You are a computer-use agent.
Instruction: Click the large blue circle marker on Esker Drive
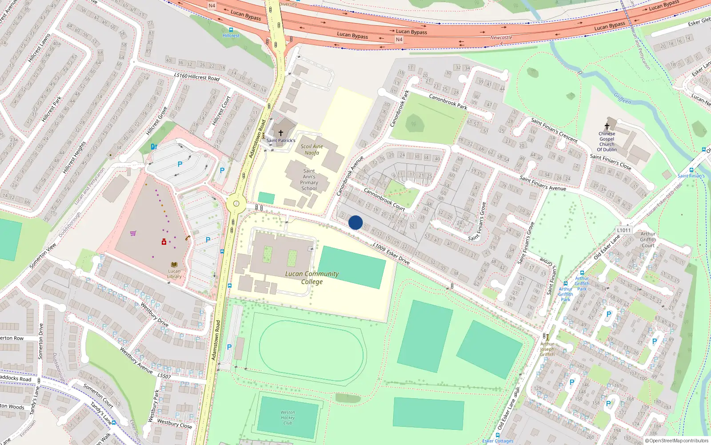click(355, 222)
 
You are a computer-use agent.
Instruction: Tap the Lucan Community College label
click(312, 278)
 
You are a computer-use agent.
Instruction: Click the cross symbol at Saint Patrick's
click(281, 133)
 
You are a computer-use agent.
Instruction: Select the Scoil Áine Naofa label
click(312, 150)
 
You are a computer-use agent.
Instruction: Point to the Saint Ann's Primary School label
click(309, 180)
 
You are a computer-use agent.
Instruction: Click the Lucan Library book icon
click(174, 265)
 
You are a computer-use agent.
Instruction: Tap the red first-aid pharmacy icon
click(164, 242)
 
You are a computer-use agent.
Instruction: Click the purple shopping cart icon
click(133, 233)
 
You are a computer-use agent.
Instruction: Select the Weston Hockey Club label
click(288, 417)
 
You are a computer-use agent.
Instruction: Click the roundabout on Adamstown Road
click(236, 204)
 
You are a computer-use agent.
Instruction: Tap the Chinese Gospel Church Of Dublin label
click(607, 142)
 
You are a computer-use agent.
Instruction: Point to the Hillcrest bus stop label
click(231, 36)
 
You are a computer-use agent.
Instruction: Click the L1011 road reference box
click(623, 230)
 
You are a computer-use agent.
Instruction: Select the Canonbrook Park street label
click(448, 101)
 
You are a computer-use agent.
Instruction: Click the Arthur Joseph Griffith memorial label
click(547, 349)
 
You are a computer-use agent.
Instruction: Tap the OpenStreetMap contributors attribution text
click(677, 441)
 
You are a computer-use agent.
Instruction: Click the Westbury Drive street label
click(155, 315)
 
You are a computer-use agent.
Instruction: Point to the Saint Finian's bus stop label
click(691, 176)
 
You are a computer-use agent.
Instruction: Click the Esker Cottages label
click(498, 441)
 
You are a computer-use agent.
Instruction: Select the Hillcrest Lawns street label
click(39, 48)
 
